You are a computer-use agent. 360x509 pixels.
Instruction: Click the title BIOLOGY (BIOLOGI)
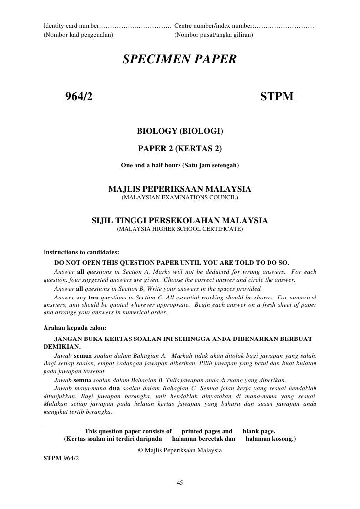click(x=180, y=132)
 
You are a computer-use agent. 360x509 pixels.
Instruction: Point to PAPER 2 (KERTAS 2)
click(x=180, y=149)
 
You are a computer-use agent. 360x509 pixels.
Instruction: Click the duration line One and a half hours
click(x=180, y=165)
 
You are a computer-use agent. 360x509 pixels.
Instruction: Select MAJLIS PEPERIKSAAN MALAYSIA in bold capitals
click(x=180, y=190)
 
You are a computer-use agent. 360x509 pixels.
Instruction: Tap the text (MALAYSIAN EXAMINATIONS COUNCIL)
click(x=180, y=199)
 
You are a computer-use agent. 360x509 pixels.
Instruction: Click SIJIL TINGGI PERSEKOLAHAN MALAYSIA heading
click(x=180, y=220)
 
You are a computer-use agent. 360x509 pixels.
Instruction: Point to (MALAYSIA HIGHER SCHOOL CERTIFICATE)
click(x=180, y=230)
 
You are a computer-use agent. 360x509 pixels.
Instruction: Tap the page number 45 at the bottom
click(x=180, y=483)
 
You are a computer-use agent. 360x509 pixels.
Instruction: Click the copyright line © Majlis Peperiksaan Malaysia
click(x=180, y=450)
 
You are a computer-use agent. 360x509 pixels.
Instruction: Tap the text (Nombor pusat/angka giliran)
click(x=213, y=35)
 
